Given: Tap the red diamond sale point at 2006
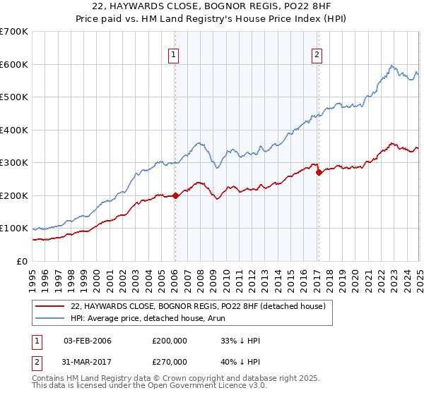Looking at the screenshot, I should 175,196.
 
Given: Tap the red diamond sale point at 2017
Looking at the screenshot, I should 319,172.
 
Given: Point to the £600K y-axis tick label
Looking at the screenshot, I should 14,64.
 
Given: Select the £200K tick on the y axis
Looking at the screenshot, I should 14,195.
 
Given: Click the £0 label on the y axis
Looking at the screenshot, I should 21,261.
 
